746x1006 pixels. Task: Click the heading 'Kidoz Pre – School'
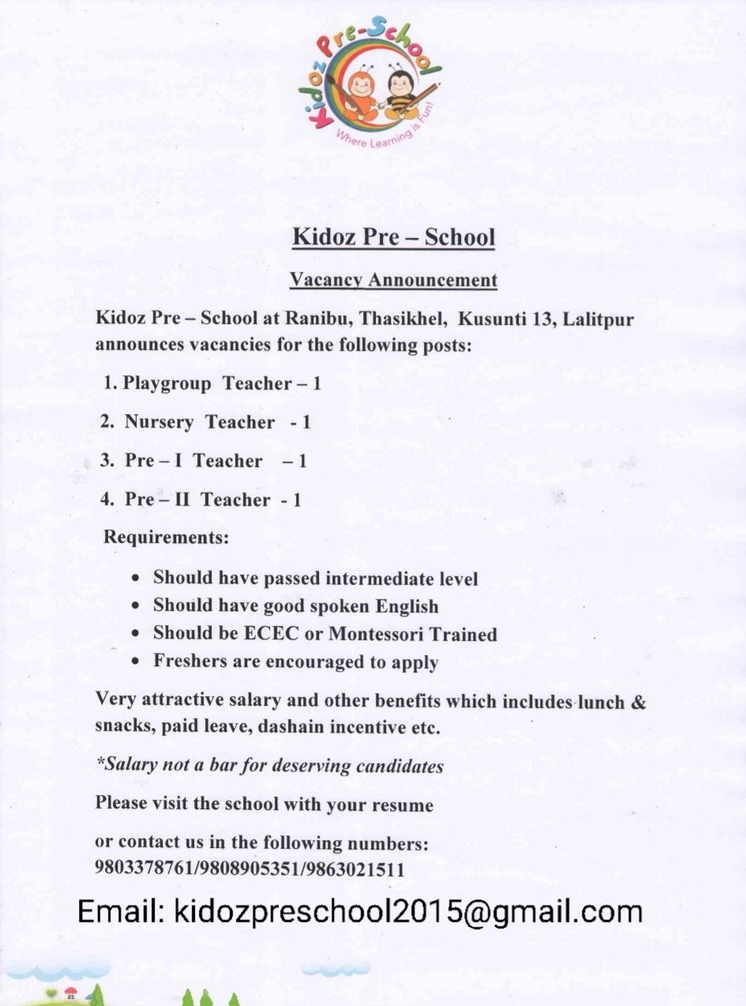click(x=393, y=237)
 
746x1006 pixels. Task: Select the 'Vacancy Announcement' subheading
click(x=393, y=280)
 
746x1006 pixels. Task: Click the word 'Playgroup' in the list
click(x=167, y=384)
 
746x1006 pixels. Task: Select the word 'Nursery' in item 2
click(x=159, y=422)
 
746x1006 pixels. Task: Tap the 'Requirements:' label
click(x=167, y=537)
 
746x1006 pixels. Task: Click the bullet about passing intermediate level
click(x=315, y=578)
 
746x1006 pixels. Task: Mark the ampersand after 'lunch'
click(x=639, y=702)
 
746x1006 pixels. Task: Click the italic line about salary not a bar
click(x=269, y=766)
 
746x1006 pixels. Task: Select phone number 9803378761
click(x=144, y=869)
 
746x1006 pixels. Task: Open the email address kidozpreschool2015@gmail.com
click(x=407, y=911)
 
